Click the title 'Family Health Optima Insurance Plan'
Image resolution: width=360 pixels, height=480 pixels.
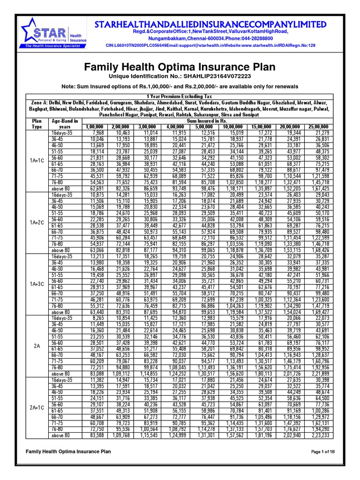tap(180, 67)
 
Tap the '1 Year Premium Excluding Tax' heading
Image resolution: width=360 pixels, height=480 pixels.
tap(180, 96)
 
